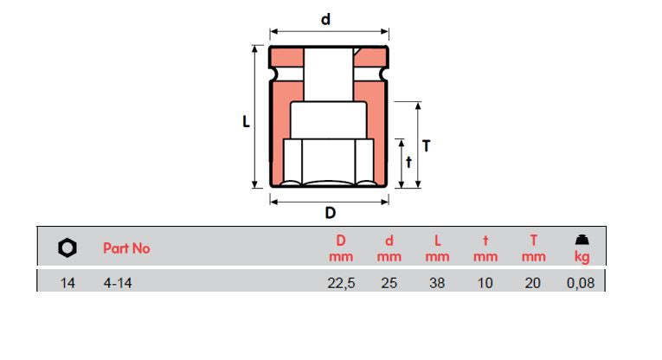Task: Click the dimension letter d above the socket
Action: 325,19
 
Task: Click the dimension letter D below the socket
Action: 331,213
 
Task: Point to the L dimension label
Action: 246,122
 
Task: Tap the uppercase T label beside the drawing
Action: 427,146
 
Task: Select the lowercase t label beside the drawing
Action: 408,162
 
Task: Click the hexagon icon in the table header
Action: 67,247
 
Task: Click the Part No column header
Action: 126,248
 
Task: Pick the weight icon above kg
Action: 582,240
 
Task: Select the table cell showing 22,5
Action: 341,283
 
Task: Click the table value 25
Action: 389,283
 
